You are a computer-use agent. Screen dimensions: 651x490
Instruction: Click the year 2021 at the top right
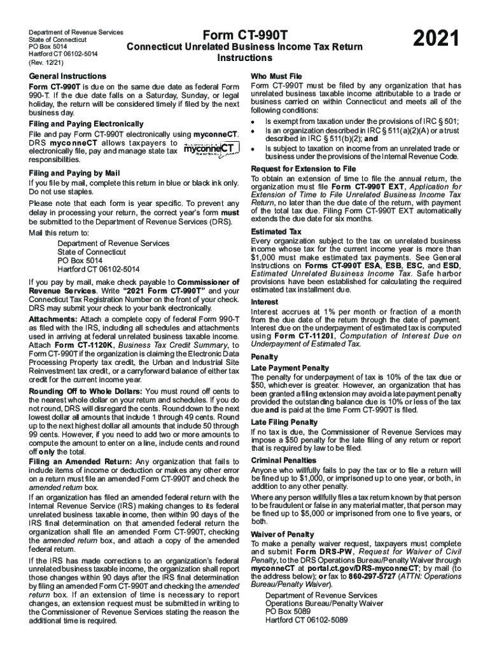[x=436, y=41]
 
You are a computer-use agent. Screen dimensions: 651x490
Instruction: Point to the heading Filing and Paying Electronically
[x=86, y=123]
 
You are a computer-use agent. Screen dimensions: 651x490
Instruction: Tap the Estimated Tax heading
[x=276, y=231]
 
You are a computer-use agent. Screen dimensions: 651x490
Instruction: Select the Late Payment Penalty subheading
[x=290, y=367]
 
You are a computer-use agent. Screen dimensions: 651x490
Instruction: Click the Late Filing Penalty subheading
[x=284, y=421]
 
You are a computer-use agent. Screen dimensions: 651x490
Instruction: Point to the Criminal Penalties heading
[x=283, y=460]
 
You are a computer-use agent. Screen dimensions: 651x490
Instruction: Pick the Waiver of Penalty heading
[x=282, y=534]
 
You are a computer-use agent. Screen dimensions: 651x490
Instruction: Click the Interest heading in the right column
[x=265, y=301]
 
